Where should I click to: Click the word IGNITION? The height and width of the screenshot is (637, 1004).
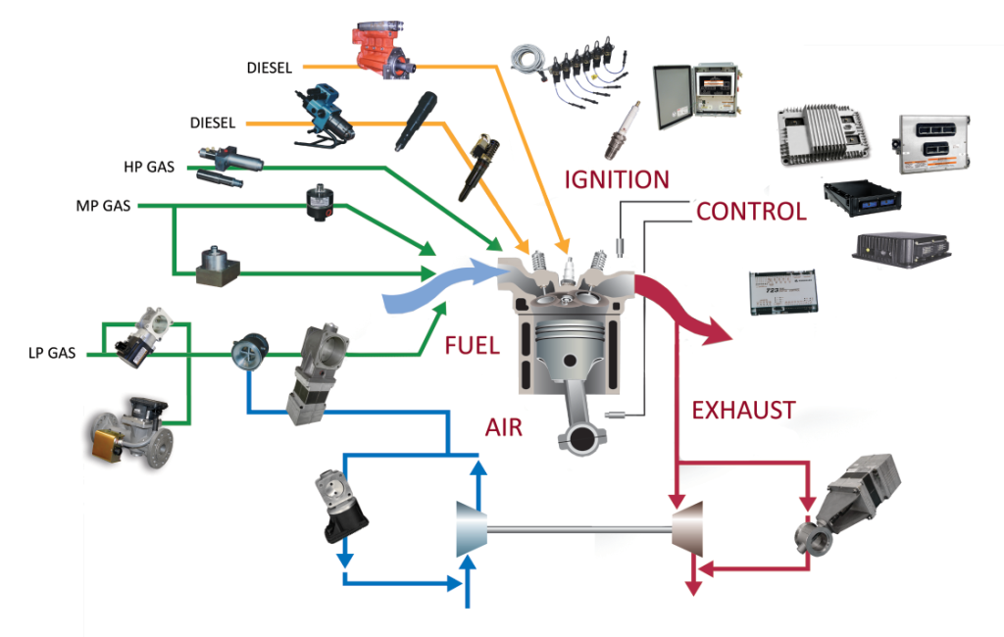617,179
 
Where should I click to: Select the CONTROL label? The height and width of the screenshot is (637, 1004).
751,211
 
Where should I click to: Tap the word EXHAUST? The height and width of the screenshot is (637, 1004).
743,410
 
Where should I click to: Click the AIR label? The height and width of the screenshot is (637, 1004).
503,427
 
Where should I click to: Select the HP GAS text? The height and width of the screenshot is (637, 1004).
149,167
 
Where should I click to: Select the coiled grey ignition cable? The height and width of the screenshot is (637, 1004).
530,62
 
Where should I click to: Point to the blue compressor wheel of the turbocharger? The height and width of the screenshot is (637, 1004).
472,530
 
